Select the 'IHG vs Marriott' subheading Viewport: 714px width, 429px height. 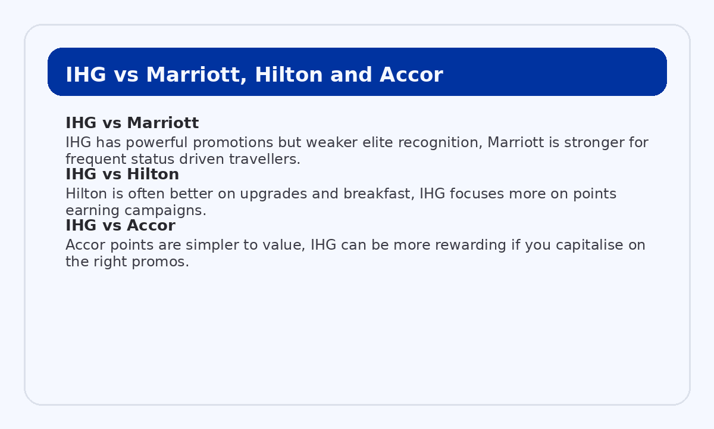(132, 123)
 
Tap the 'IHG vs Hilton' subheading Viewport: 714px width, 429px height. (122, 175)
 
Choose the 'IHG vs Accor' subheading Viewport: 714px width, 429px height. (120, 226)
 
